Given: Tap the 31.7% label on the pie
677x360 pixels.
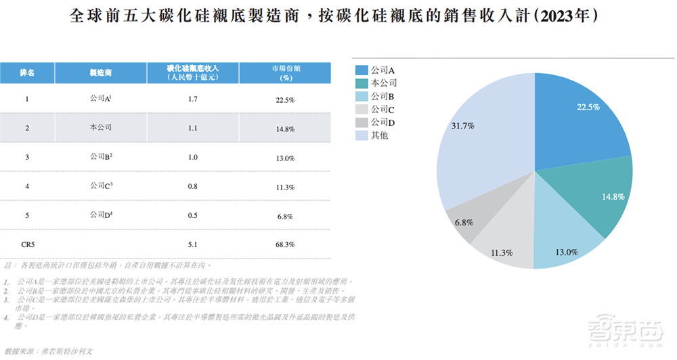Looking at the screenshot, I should (462, 125).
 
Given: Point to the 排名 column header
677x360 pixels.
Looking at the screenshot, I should (27, 73).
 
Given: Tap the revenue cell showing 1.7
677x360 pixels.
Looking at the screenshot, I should (193, 99).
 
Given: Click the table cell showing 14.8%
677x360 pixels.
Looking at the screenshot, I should (286, 129).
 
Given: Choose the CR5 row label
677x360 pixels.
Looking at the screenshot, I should (28, 244).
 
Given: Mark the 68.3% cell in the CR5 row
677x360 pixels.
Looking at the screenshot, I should (286, 244).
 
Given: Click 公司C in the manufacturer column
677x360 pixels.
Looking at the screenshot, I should (100, 186).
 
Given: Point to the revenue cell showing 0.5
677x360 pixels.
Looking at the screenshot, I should (193, 216).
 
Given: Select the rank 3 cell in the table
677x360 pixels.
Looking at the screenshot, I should (27, 158).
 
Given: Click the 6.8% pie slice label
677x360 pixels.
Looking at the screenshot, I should (464, 223).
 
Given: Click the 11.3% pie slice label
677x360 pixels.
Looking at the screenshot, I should (501, 253).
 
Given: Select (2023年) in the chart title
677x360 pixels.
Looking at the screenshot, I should (567, 16).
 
